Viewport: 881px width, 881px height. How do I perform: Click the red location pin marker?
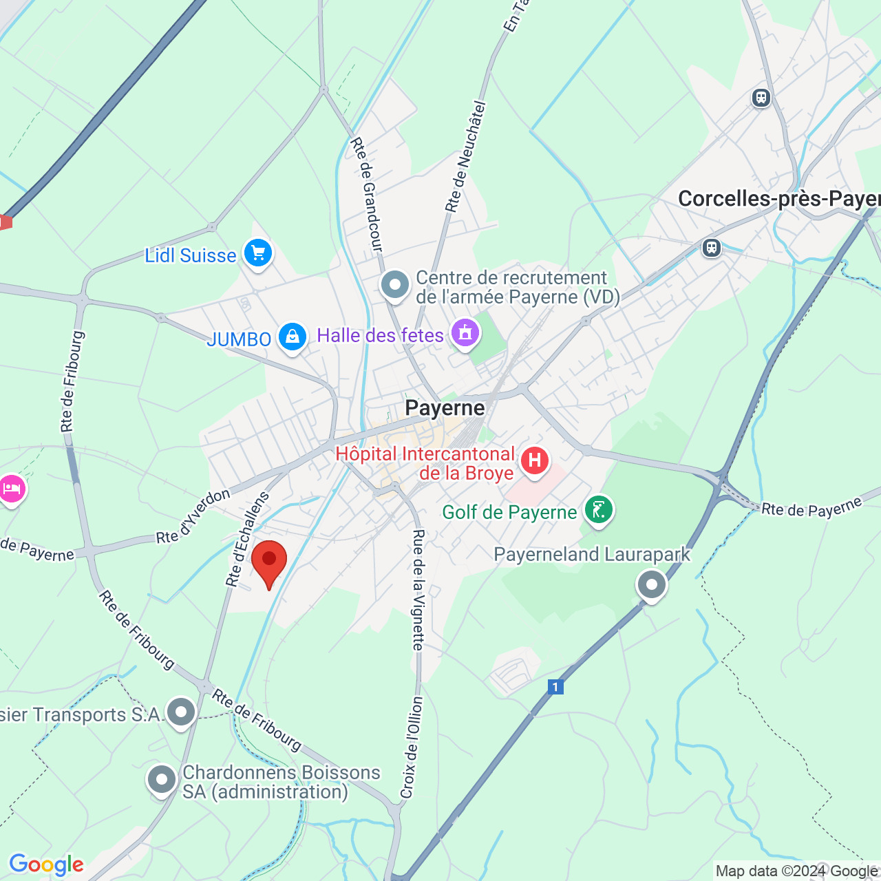tap(268, 562)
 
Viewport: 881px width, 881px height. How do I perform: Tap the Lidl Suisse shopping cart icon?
tap(258, 253)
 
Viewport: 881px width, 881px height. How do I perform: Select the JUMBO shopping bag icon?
tap(293, 337)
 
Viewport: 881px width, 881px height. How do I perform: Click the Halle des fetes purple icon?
tap(465, 334)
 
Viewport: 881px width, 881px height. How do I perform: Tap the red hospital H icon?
tap(534, 460)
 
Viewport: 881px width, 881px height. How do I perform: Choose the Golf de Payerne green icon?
tap(599, 510)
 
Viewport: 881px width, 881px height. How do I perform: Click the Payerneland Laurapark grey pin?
tap(651, 585)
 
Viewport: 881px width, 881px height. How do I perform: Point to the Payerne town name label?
tap(445, 407)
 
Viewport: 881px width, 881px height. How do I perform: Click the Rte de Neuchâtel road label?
tap(466, 157)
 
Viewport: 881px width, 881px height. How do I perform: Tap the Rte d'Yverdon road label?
tap(193, 516)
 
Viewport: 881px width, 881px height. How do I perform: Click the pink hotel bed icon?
tap(12, 489)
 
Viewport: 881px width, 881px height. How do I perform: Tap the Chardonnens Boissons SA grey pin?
tap(162, 780)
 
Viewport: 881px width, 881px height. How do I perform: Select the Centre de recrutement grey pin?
tap(395, 284)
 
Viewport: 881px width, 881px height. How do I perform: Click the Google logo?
tap(46, 864)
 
